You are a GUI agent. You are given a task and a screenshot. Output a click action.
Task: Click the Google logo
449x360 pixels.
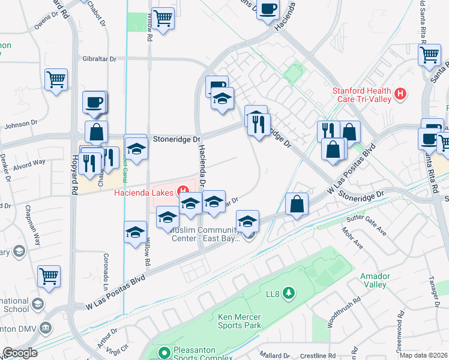(x=20, y=353)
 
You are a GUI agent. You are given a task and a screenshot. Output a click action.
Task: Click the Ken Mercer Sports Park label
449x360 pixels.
(x=232, y=320)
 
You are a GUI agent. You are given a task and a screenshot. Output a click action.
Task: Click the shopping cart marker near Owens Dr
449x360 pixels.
(x=163, y=19)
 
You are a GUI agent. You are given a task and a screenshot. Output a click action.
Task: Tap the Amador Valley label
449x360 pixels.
(x=375, y=280)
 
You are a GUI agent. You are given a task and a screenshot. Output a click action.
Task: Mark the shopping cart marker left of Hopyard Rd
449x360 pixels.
(x=56, y=79)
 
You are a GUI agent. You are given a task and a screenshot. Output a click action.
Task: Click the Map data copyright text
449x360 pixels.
(x=423, y=355)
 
